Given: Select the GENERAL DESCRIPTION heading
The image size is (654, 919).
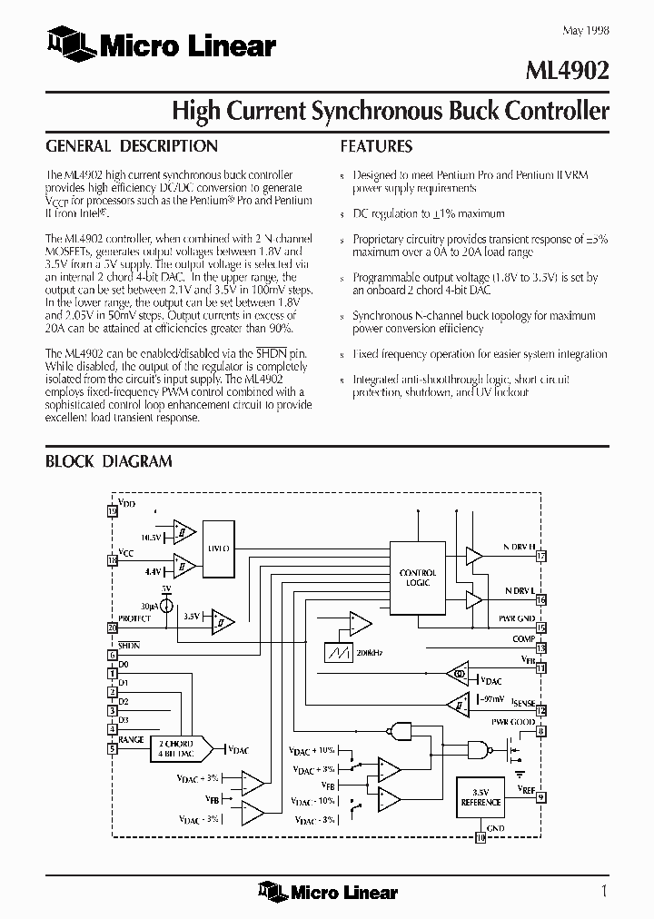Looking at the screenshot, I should [132, 146].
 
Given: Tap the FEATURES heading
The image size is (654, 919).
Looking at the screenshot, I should [376, 146].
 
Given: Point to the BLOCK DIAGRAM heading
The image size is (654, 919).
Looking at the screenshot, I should [109, 461].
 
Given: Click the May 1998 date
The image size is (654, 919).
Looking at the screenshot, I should [586, 31].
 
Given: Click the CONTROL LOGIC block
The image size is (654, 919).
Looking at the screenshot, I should [418, 578].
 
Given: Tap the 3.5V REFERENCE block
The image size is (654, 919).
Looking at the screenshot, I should [481, 797].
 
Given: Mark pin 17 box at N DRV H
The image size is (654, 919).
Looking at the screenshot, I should [541, 557].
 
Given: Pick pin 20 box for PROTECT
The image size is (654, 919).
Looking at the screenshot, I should [113, 627].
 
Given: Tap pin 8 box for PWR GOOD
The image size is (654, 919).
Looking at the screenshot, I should [541, 731].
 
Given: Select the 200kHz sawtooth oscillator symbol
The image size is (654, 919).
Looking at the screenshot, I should [342, 652].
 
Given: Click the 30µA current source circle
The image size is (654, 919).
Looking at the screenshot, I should [167, 604].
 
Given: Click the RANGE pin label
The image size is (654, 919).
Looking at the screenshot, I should [131, 740].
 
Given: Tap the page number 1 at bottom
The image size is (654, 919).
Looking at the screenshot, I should [604, 890].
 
